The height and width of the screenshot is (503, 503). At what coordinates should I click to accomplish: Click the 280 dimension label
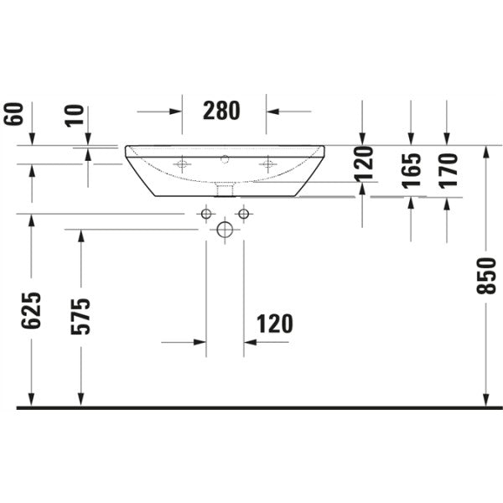(221, 111)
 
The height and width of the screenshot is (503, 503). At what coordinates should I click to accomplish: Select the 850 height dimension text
(486, 276)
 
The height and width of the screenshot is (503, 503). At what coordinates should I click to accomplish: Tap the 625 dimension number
(31, 310)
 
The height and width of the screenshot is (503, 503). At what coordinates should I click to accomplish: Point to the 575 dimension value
(80, 317)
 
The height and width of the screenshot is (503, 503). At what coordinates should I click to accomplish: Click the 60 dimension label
(13, 114)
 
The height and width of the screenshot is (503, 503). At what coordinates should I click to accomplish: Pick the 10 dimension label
(75, 116)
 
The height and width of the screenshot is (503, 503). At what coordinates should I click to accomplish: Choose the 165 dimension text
(411, 170)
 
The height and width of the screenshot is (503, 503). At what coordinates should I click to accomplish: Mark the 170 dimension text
(448, 170)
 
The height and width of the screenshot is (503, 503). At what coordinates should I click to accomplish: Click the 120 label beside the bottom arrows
(275, 324)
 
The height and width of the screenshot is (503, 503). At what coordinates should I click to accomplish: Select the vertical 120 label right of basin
(364, 164)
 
